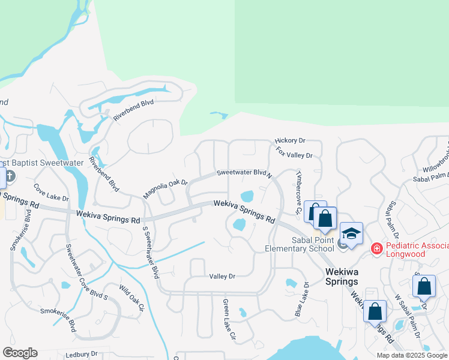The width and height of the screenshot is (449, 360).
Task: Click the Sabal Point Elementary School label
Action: [300, 245]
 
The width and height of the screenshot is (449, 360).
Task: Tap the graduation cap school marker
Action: [352, 234]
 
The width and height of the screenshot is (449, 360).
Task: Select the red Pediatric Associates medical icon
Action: [376, 247]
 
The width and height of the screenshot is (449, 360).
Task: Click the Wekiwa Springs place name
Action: [342, 276]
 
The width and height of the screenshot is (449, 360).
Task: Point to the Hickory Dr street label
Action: [291, 140]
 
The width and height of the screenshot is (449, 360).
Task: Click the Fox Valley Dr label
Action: [295, 154]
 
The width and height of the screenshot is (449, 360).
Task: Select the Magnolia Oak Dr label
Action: [165, 189]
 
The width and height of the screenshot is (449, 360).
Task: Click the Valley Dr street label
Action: [222, 276]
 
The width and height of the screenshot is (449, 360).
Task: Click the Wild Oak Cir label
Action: [132, 298]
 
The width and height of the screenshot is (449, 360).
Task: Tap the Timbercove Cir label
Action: [297, 192]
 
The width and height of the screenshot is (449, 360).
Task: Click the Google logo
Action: [20, 353]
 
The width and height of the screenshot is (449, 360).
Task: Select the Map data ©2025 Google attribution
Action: [412, 355]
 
